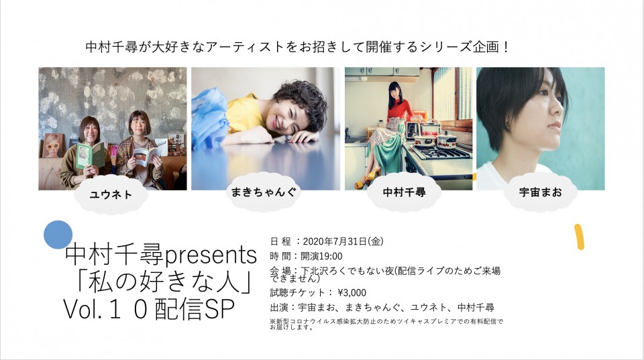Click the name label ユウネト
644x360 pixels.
[x=111, y=194]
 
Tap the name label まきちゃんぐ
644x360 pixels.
[x=263, y=192]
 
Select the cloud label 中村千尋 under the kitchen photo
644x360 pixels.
[x=404, y=192]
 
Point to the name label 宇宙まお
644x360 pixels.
[x=541, y=192]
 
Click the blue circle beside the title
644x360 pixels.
[x=58, y=235]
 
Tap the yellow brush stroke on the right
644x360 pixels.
[x=579, y=237]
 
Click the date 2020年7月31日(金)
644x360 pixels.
[x=343, y=241]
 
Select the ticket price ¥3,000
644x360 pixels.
[x=352, y=293]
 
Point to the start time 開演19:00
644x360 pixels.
[x=321, y=257]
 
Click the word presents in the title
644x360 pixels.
[x=211, y=255]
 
